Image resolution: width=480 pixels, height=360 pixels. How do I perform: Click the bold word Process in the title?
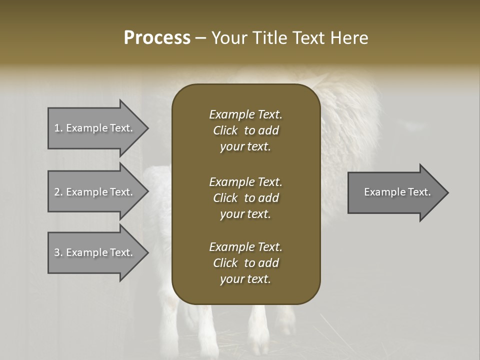point(157,38)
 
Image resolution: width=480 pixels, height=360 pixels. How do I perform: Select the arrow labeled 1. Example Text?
point(95,128)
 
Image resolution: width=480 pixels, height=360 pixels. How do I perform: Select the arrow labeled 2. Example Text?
point(95,192)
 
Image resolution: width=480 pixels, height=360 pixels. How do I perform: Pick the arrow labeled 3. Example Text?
point(95,252)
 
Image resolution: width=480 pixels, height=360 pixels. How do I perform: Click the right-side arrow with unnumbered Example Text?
point(395,192)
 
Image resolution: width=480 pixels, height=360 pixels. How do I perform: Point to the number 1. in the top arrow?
point(58,128)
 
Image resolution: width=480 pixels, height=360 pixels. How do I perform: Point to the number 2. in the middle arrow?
point(58,192)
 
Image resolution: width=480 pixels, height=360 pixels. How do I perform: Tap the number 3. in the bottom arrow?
point(58,252)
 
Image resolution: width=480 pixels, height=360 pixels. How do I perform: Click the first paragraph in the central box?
point(245,130)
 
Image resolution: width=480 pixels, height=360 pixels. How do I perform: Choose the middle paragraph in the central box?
point(245,198)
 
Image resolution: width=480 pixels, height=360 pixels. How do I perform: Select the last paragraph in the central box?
point(245,263)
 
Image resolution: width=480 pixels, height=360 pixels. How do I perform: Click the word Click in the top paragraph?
point(225,130)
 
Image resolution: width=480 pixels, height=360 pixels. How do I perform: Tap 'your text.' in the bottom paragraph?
point(245,279)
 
